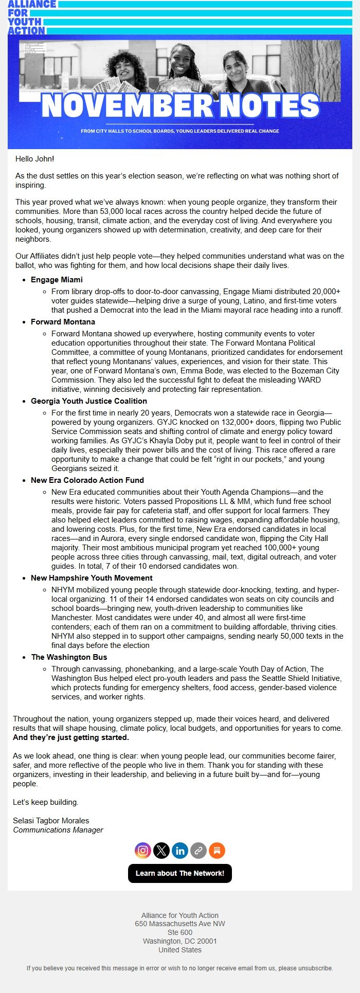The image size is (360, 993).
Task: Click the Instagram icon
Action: point(143,850)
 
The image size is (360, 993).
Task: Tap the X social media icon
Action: point(161,850)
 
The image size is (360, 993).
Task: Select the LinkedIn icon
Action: point(180,850)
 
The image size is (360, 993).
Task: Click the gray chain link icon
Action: point(199,850)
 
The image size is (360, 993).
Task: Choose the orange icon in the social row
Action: point(217,850)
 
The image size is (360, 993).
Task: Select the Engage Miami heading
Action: point(57,280)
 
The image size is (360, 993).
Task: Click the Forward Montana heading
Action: point(63,322)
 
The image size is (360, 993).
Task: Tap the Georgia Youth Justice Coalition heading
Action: point(89,401)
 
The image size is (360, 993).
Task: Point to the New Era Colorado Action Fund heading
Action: point(87,480)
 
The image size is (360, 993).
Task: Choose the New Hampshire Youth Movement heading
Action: point(92,578)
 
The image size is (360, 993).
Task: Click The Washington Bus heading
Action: point(69,657)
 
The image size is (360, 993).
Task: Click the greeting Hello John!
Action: point(34,159)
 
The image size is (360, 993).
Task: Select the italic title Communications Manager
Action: point(58,830)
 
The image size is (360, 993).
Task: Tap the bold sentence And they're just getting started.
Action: point(71,737)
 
